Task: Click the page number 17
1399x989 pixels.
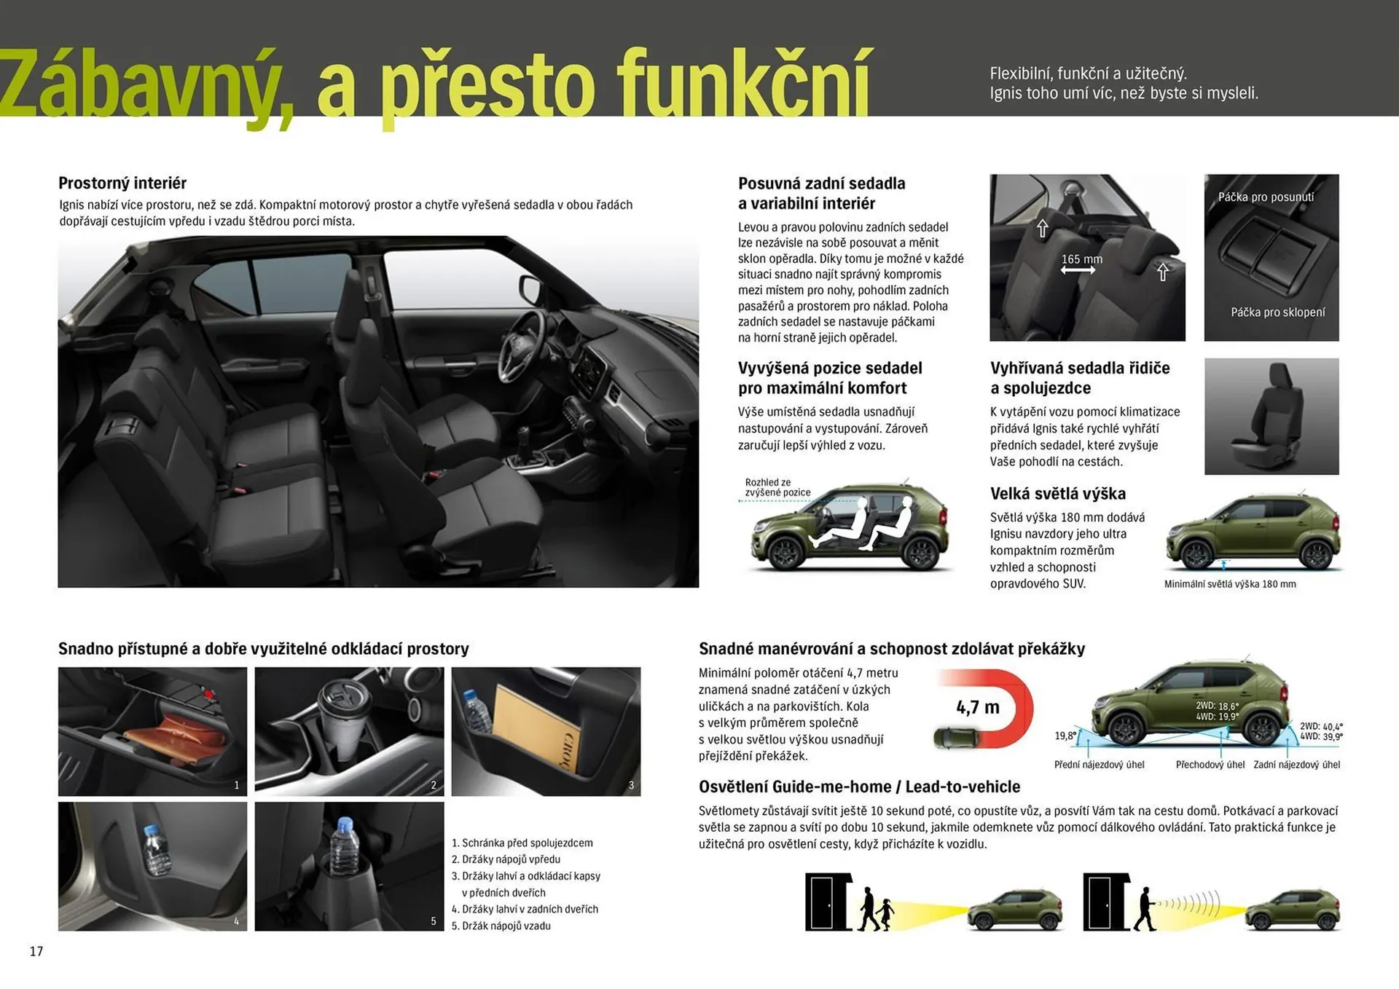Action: (x=36, y=951)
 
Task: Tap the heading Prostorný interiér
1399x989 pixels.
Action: (x=122, y=183)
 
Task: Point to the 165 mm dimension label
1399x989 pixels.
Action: (x=1081, y=259)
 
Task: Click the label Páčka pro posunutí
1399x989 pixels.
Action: (x=1266, y=197)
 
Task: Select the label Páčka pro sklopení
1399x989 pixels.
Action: (x=1277, y=312)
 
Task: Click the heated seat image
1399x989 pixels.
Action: (x=1271, y=416)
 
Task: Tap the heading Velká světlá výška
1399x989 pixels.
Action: (x=1057, y=494)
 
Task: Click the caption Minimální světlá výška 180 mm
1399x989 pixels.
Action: (x=1229, y=584)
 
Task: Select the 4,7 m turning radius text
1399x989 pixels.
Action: (x=977, y=707)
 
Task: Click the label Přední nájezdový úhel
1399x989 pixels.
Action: (x=1099, y=765)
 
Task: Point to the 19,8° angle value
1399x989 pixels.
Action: (x=1065, y=736)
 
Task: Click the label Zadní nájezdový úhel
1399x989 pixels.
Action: (x=1296, y=765)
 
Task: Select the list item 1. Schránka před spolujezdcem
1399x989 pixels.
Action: (x=522, y=843)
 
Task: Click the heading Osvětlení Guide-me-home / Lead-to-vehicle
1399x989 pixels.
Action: (x=859, y=787)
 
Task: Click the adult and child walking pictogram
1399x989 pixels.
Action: (x=874, y=908)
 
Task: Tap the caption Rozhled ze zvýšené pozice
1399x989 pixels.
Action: (x=777, y=487)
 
